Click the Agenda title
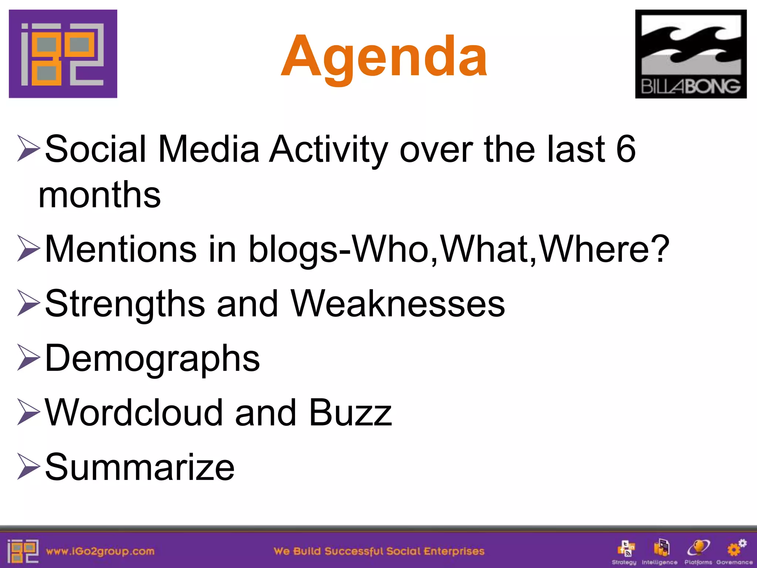click(384, 56)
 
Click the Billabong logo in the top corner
click(690, 54)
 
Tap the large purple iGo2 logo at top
click(63, 54)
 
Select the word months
click(99, 195)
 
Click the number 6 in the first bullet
click(626, 149)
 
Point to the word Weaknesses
click(398, 304)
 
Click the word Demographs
click(152, 358)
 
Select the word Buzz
click(350, 412)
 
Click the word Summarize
click(140, 467)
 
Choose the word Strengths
click(125, 304)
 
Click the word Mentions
click(120, 249)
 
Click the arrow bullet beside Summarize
click(28, 467)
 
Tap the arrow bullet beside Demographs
click(28, 358)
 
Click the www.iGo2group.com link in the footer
click(100, 551)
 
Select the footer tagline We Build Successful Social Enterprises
click(379, 551)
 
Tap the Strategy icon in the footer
click(626, 548)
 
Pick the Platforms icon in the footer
click(698, 548)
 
